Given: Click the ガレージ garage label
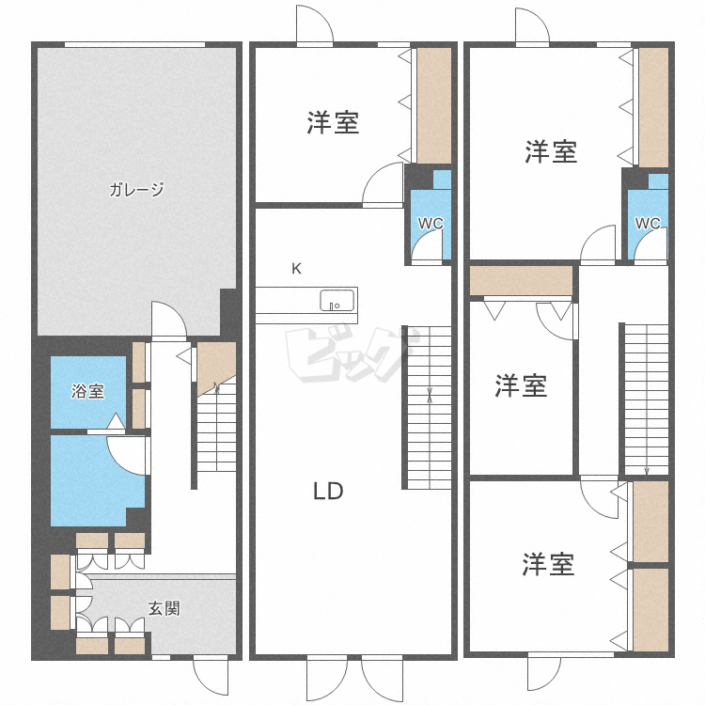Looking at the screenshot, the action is pos(136,189).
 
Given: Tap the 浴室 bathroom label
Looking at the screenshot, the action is pos(88,391).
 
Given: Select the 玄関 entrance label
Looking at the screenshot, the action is pos(164,609).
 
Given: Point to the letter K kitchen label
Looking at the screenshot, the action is pos(296,269).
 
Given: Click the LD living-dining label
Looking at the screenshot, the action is pos(328,491).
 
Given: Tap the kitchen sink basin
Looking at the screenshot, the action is pos(337,301).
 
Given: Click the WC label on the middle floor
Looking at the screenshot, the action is pos(431,223).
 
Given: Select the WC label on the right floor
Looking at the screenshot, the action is pos(648,223).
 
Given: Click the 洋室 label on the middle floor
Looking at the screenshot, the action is pos(333,122).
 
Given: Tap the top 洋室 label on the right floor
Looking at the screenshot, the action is pos(551,151).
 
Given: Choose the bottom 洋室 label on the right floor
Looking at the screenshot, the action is pos(548,564).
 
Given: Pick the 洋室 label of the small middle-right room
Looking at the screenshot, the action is pos(521,385).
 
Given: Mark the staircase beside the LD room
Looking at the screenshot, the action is pos(427,407).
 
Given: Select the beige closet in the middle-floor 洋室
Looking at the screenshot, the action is pos(434,105).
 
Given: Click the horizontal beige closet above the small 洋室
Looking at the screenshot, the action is pos(521,281).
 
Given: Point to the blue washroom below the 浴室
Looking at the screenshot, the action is pos(97,480).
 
